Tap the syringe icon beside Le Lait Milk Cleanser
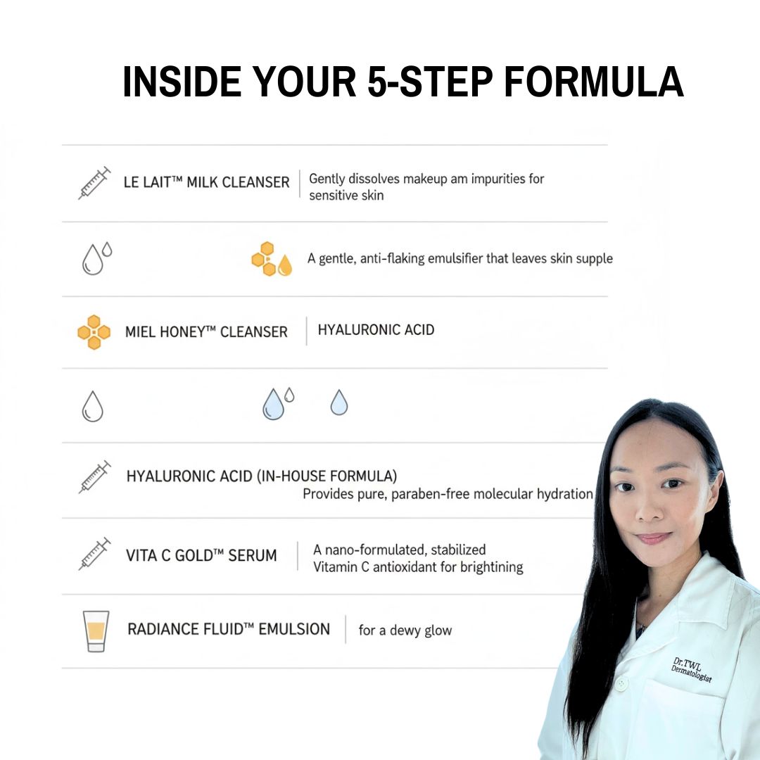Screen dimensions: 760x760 [94, 183]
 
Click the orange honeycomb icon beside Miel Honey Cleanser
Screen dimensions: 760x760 [94, 332]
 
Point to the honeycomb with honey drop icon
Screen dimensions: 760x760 [272, 259]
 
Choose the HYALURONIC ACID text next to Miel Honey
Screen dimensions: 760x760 [376, 329]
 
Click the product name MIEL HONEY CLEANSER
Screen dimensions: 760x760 [206, 332]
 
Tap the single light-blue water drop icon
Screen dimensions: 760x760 [339, 403]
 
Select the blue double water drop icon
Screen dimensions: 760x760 [277, 403]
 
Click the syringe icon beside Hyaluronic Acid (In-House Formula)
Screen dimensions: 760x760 [94, 476]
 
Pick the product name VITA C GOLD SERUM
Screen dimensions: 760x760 [201, 555]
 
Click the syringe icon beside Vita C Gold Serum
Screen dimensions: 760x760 [94, 553]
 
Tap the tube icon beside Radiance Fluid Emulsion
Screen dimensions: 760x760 [96, 631]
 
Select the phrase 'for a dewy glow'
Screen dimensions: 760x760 [405, 631]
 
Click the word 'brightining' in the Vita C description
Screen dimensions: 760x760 [491, 567]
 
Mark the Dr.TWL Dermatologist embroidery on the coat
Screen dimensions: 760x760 [692, 671]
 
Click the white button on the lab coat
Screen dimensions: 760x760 [621, 683]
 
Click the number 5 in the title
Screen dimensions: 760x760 [378, 82]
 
